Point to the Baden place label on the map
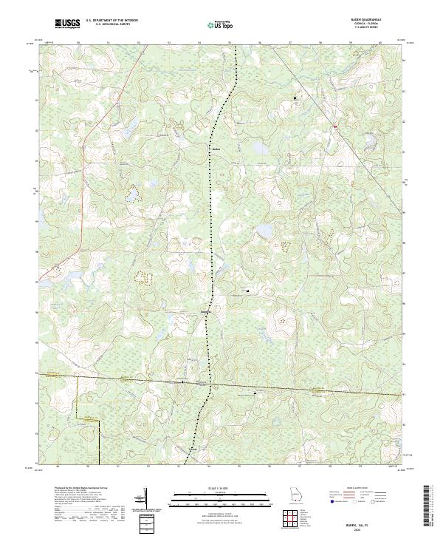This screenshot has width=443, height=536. [216, 146]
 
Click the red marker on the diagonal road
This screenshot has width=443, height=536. [334, 126]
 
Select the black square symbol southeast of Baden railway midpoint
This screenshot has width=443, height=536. [247, 291]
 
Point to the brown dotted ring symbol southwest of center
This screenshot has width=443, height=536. [142, 279]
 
